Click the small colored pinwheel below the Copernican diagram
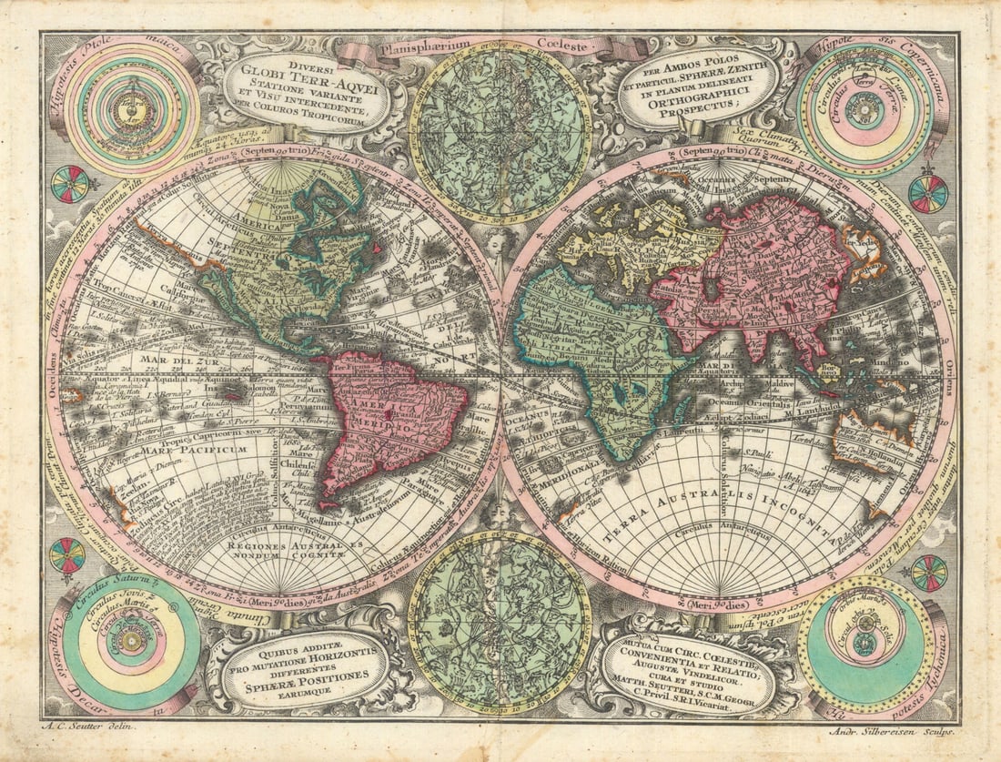[x=928, y=194]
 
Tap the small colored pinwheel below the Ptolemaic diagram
[x=70, y=184]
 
